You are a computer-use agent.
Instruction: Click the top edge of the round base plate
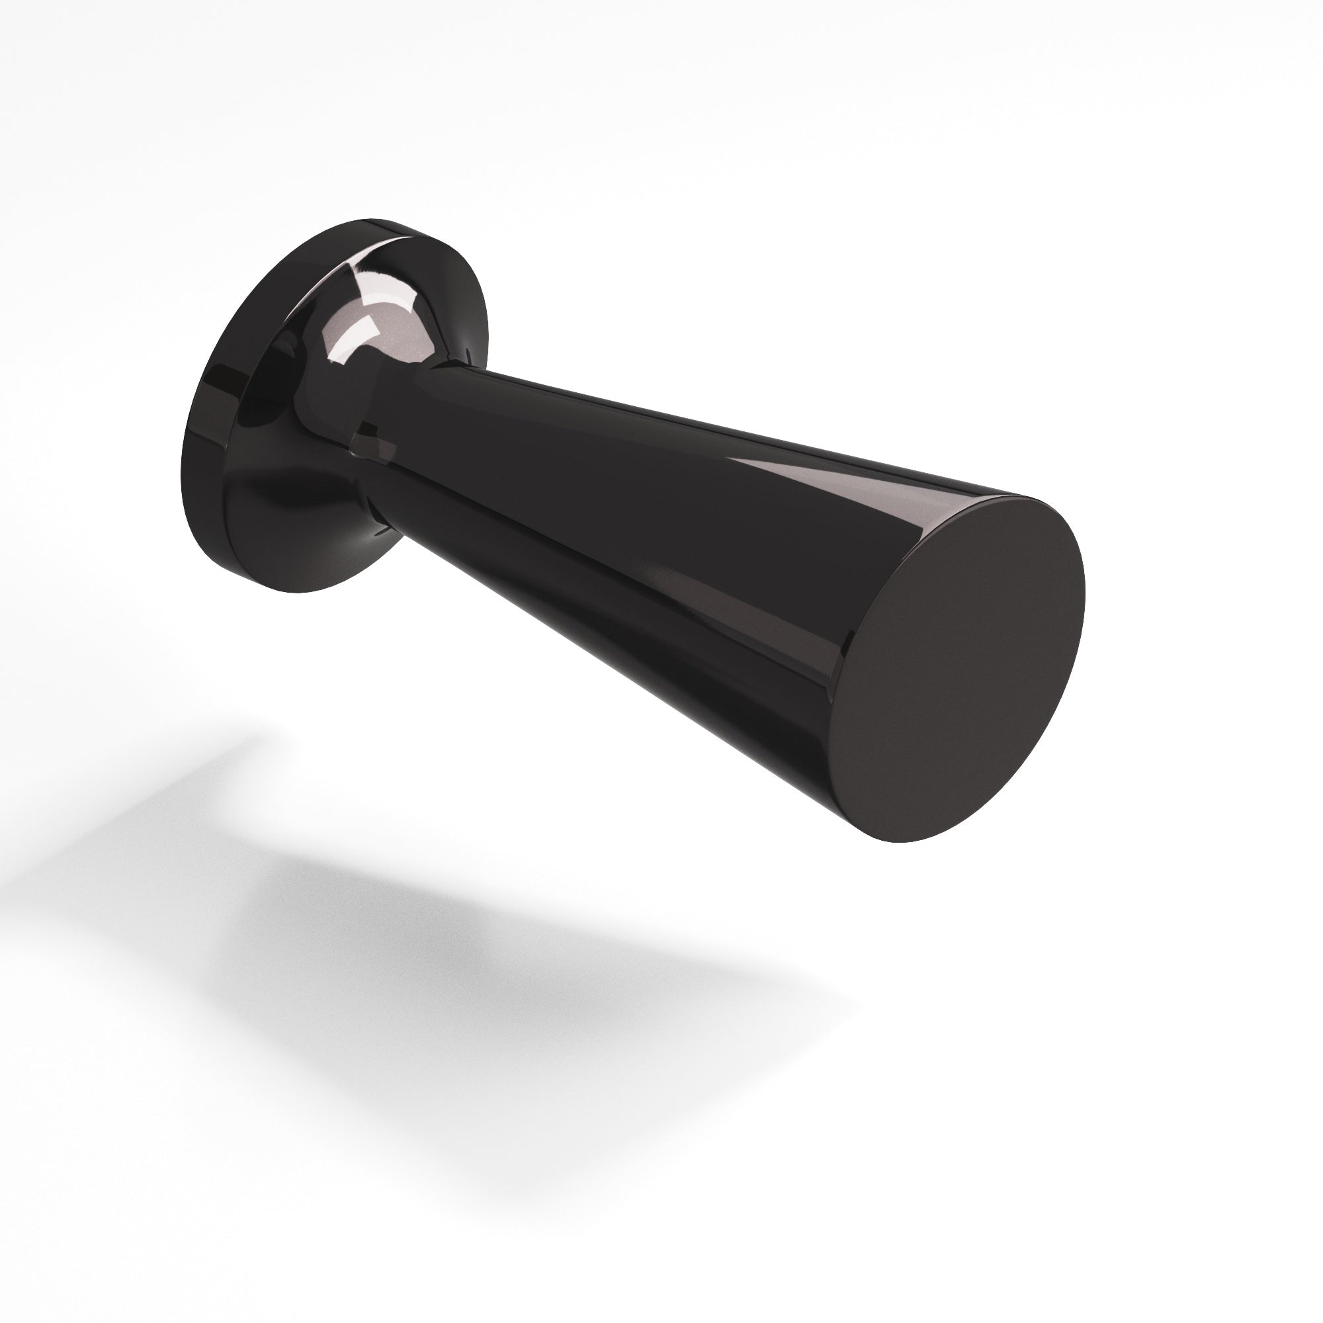click(384, 222)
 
